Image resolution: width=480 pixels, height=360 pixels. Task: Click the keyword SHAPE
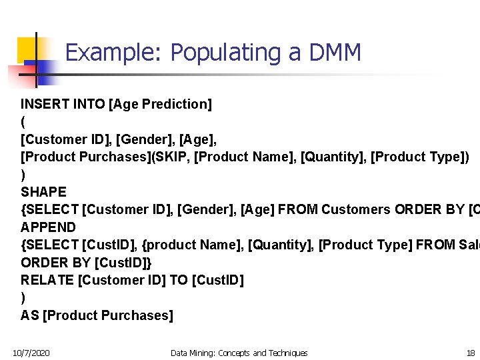pos(44,192)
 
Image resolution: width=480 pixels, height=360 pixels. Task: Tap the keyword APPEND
pos(49,227)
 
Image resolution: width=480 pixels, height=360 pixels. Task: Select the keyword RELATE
pos(47,280)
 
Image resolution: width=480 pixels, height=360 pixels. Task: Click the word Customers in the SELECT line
pos(356,210)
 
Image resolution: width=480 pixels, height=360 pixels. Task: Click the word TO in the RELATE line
pos(179,280)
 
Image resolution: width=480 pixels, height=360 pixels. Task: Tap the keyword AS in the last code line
pos(29,315)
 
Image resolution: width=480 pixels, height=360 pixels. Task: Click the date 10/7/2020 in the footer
pos(31,353)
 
